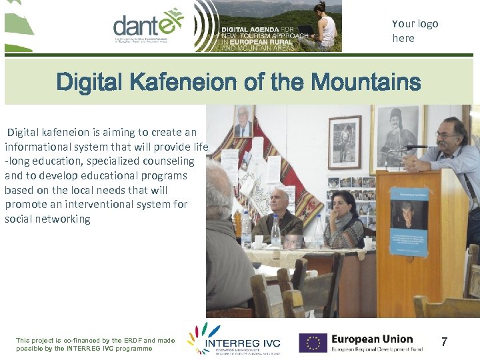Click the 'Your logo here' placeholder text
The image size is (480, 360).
tap(415, 31)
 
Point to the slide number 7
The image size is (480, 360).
tap(444, 342)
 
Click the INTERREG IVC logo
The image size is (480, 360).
tap(233, 340)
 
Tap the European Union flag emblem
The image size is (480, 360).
tap(313, 343)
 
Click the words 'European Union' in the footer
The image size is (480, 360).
tap(372, 339)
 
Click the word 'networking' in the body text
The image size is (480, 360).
tap(65, 219)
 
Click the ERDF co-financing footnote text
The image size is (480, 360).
tap(95, 344)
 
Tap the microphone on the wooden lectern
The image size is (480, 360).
tap(413, 147)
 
